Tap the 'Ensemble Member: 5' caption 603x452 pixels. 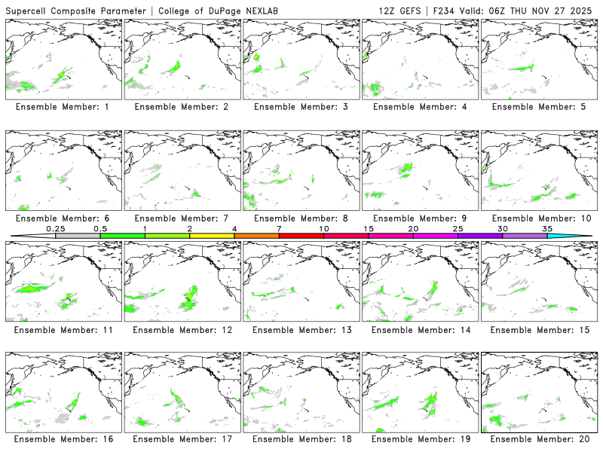pyautogui.click(x=540, y=107)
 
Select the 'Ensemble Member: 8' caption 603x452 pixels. pyautogui.click(x=302, y=218)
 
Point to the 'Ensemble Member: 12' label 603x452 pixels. pyautogui.click(x=183, y=329)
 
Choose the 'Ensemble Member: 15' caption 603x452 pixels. pyautogui.click(x=540, y=329)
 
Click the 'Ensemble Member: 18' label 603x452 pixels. pyautogui.click(x=302, y=439)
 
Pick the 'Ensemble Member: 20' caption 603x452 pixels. pyautogui.click(x=540, y=439)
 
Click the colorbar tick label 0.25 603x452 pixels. pyautogui.click(x=55, y=228)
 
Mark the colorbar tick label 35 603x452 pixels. pyautogui.click(x=547, y=228)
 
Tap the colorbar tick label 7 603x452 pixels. pyautogui.click(x=279, y=228)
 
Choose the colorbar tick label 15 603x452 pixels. pyautogui.click(x=368, y=228)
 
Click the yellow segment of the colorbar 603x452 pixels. pyautogui.click(x=212, y=236)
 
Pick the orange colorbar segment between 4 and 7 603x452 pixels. pyautogui.click(x=256, y=236)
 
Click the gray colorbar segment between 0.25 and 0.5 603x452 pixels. pyautogui.click(x=78, y=236)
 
